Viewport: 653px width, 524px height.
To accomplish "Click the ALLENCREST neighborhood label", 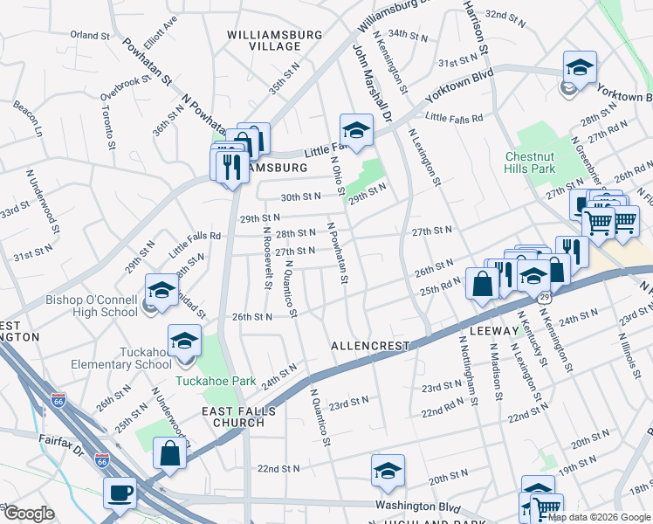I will pos(370,346).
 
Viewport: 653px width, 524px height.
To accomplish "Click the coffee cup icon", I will pos(120,492).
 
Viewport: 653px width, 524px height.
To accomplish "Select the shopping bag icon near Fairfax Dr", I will pos(168,452).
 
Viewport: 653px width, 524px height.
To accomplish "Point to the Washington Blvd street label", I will pos(417,506).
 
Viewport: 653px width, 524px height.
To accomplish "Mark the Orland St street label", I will pos(89,36).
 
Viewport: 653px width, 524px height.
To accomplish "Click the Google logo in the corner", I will pos(28,514).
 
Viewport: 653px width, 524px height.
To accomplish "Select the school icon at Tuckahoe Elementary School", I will pos(185,341).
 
